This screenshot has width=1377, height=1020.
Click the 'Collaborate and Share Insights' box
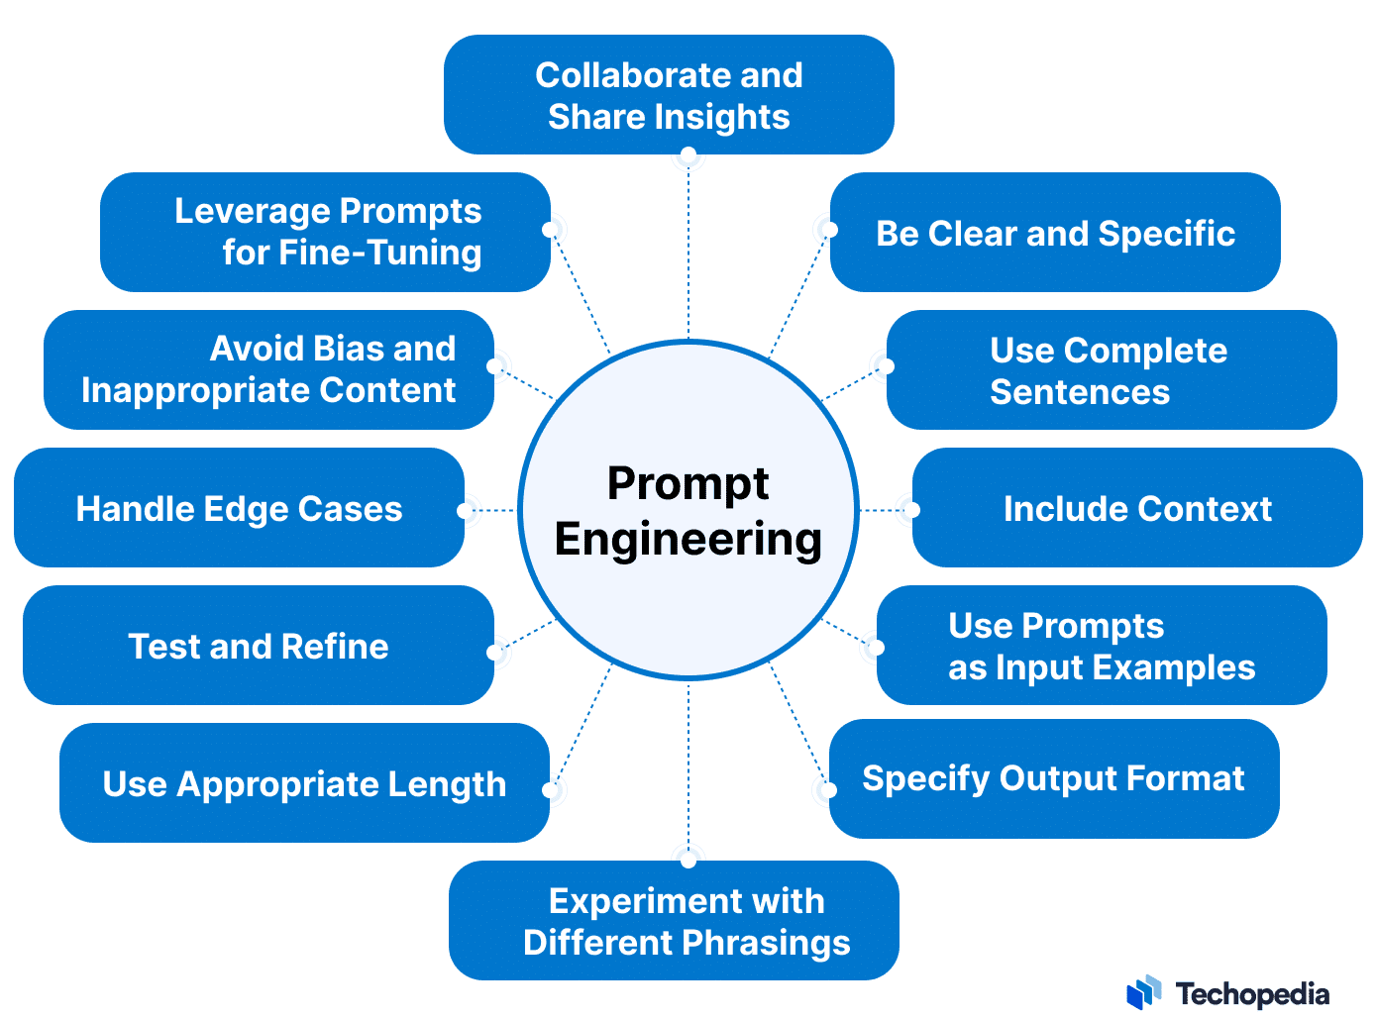click(669, 95)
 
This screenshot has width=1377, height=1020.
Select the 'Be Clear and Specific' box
click(1055, 233)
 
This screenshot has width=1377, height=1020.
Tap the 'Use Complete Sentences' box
click(1111, 370)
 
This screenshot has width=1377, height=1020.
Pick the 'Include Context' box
click(1137, 508)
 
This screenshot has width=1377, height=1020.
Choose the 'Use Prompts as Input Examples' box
click(1101, 646)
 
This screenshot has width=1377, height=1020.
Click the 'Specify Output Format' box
click(1053, 778)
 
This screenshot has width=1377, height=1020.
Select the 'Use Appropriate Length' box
click(304, 783)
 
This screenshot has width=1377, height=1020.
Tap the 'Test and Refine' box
click(259, 646)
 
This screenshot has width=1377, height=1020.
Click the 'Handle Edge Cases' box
click(239, 508)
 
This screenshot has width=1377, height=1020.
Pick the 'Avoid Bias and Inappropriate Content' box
click(268, 370)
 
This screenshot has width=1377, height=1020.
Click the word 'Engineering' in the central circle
click(688, 540)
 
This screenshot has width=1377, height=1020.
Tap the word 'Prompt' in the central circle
click(688, 483)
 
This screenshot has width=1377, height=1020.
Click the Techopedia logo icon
click(1144, 992)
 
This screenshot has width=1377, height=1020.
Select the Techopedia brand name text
click(1252, 993)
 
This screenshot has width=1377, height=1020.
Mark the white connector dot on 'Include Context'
click(912, 510)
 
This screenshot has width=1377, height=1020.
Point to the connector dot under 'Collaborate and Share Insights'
click(688, 155)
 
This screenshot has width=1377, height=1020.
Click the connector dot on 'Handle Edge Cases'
click(465, 511)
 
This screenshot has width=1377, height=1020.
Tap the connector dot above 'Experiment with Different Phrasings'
click(688, 861)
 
